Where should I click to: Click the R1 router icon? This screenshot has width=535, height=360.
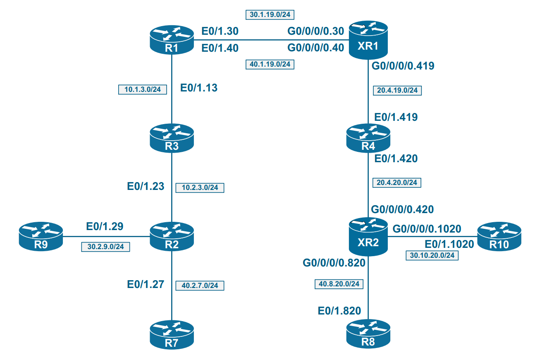(x=171, y=40)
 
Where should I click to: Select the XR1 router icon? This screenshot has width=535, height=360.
(x=368, y=41)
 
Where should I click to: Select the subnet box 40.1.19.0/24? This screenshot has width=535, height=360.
(x=270, y=64)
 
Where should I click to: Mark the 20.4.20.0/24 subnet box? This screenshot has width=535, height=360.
(x=397, y=182)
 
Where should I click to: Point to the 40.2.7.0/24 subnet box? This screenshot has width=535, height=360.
(x=200, y=285)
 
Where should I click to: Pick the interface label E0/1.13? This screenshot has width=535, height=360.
(x=199, y=88)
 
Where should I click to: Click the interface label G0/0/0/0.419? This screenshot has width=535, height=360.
(x=403, y=65)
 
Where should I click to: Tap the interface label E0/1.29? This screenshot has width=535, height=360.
(x=105, y=226)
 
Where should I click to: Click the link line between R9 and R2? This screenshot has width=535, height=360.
(x=106, y=237)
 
